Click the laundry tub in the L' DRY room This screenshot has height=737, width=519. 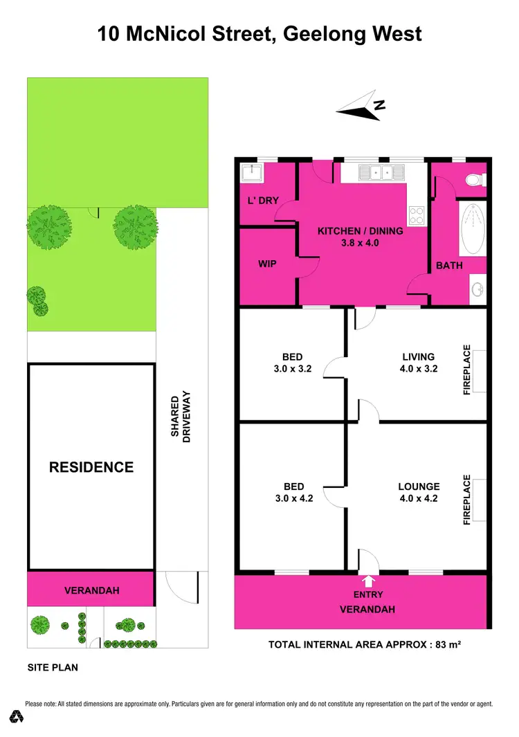pos(249,173)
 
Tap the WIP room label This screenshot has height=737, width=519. pos(267,264)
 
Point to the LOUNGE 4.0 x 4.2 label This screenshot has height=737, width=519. pos(419,491)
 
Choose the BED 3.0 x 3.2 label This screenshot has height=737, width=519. pos(293,363)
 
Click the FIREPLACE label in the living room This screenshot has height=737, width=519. pos(467,370)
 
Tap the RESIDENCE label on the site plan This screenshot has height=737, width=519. pos(91,467)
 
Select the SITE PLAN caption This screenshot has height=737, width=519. pos(53,668)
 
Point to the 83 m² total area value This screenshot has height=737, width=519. pos(449,644)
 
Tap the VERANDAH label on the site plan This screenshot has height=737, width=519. pos(92,590)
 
